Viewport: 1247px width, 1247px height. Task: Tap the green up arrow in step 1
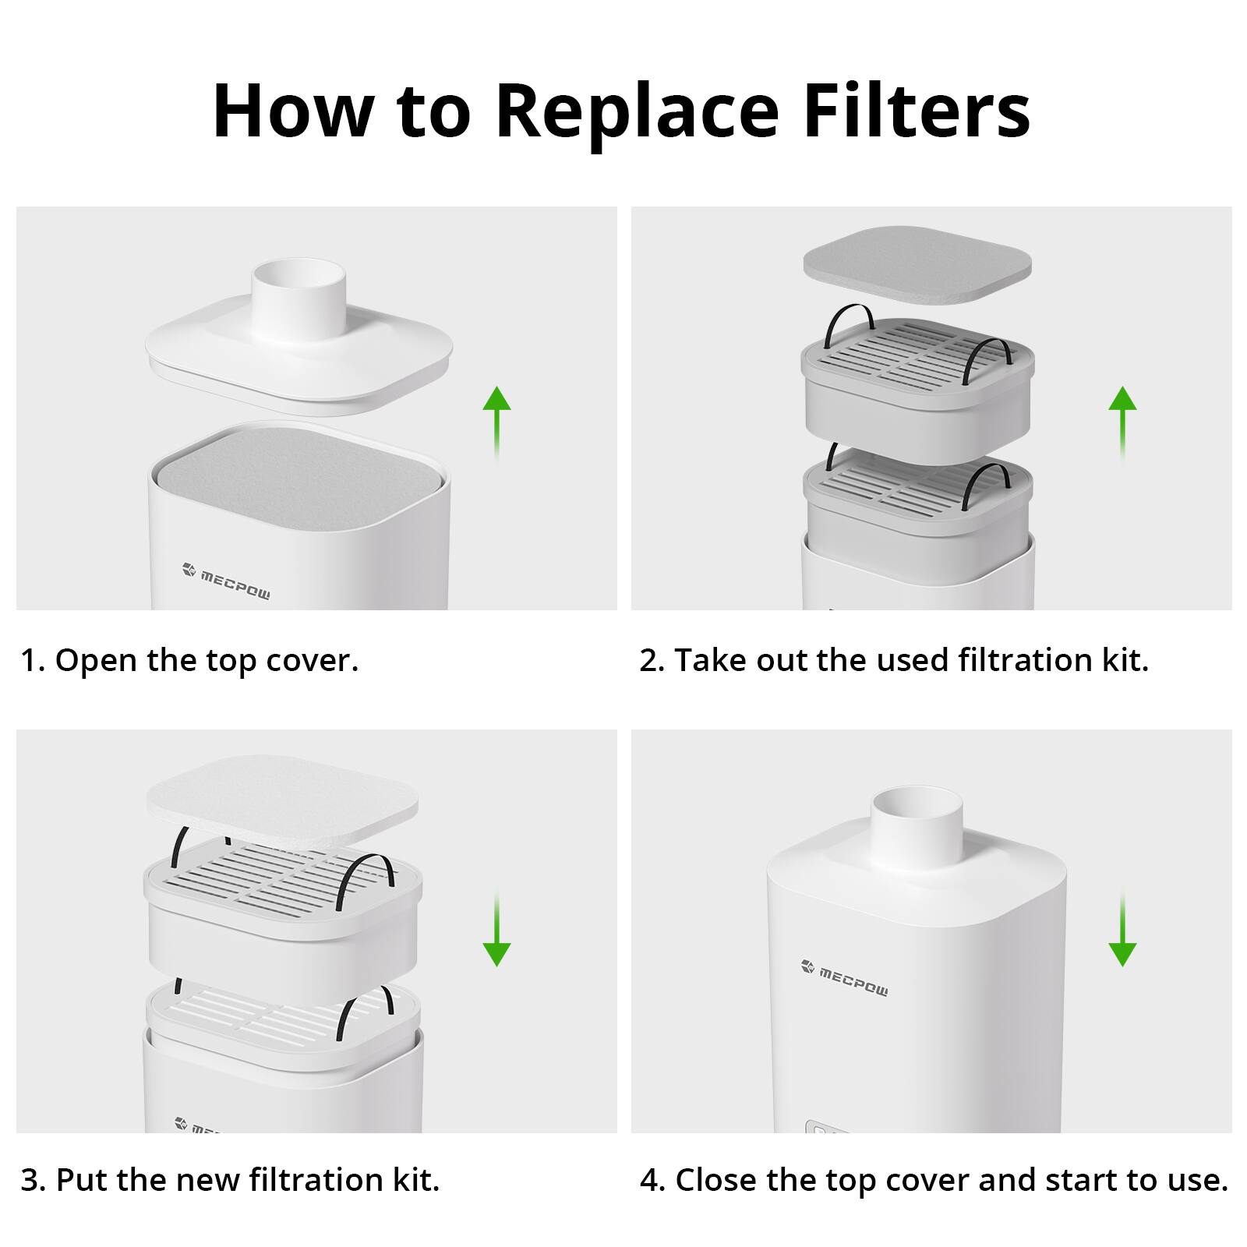click(x=496, y=421)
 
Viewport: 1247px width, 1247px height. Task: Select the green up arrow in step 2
click(x=1122, y=421)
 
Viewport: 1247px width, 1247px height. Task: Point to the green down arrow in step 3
click(x=496, y=931)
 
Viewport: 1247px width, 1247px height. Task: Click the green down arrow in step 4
click(x=1122, y=931)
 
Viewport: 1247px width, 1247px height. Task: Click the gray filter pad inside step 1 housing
click(x=299, y=478)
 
